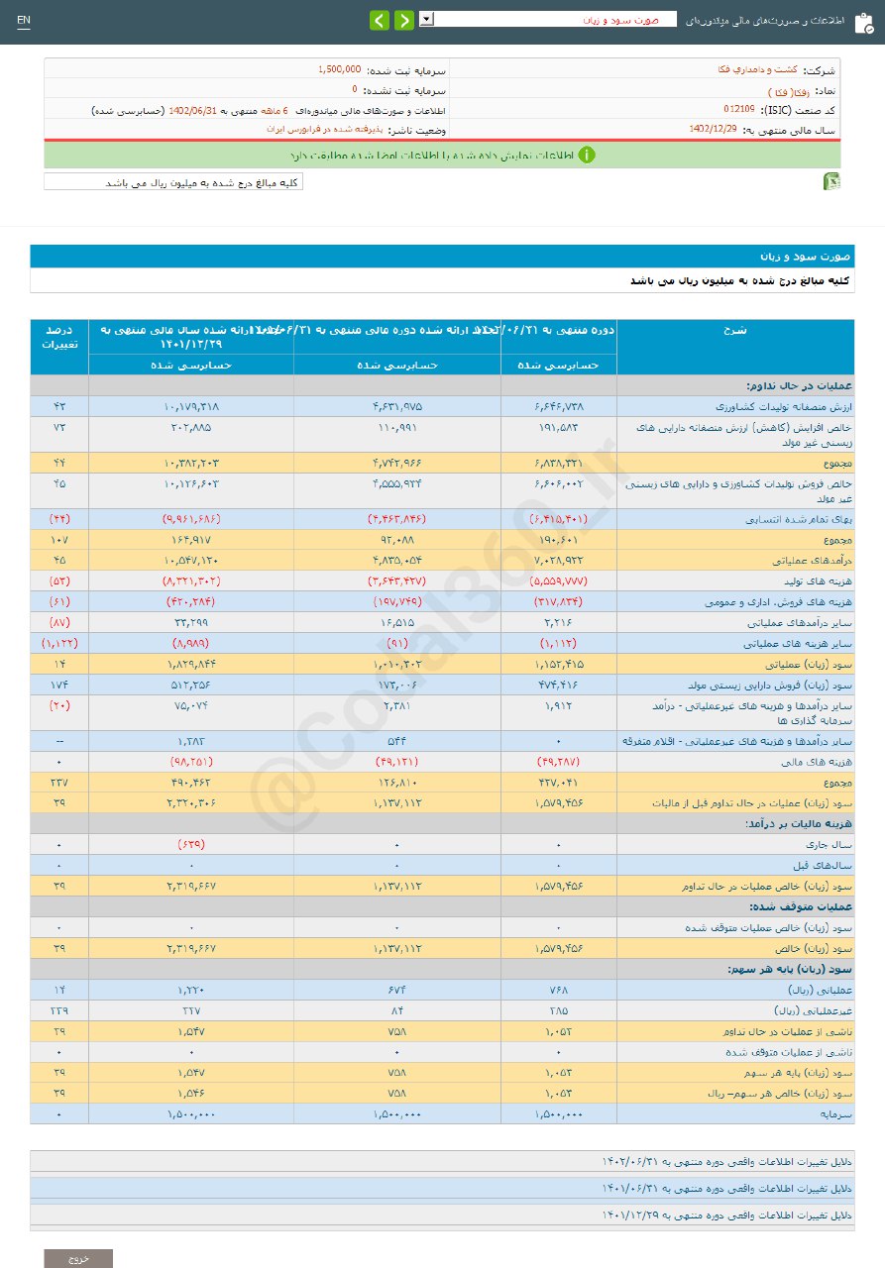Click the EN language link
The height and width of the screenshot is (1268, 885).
tap(24, 21)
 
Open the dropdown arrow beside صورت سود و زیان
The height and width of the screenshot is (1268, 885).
tap(426, 19)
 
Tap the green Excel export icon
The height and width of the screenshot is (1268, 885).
tap(832, 181)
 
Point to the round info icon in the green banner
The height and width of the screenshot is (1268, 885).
tap(587, 155)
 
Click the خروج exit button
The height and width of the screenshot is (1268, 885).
tap(78, 1258)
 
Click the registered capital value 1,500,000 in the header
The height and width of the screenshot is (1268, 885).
tap(339, 69)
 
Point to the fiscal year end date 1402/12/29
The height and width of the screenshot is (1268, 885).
tap(713, 129)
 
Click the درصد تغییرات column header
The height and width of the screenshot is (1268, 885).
tap(59, 337)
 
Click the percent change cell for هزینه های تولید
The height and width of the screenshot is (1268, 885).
tap(59, 581)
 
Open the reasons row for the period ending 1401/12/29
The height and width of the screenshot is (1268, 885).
tap(727, 1214)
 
